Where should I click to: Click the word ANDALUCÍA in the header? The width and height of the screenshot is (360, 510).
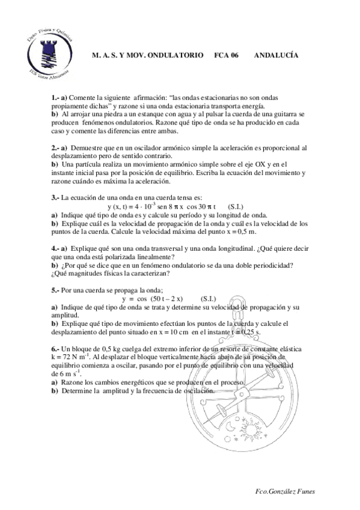[276, 55]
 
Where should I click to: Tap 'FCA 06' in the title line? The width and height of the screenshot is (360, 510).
[227, 55]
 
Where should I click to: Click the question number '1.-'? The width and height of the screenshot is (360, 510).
[55, 97]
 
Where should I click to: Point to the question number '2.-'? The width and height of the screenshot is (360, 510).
[55, 147]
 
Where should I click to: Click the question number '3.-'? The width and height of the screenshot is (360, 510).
[55, 197]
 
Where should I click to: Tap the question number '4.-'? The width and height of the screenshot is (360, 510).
[55, 248]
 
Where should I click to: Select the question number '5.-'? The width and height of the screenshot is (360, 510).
[55, 289]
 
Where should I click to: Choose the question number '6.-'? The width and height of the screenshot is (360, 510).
[55, 348]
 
